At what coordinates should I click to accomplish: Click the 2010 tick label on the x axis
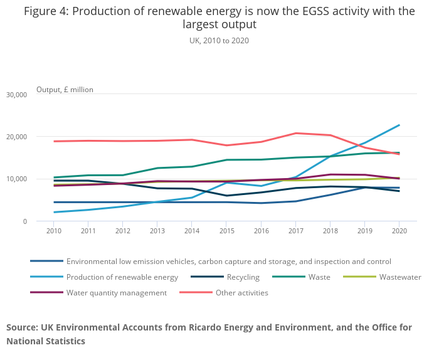pos(55,231)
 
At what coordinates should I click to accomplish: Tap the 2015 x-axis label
pos(226,231)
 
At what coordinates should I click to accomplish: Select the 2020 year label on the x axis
pos(399,231)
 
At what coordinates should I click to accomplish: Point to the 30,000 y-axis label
pos(16,95)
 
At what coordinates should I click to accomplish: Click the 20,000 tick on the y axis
pos(16,137)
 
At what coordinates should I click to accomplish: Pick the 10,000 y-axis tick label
pos(16,179)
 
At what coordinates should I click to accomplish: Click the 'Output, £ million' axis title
pos(65,90)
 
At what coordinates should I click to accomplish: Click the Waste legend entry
pos(318,277)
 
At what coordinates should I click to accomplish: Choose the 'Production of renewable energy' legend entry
pos(122,277)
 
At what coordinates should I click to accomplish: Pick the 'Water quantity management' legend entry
pos(116,293)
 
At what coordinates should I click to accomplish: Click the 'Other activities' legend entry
pos(241,293)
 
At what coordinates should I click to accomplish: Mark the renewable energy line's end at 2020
pos(399,125)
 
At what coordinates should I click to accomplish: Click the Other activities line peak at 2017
pos(295,133)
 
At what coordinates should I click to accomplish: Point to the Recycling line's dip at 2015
pos(226,196)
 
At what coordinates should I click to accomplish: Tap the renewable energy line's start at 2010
pos(55,212)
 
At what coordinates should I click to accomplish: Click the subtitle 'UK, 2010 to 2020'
pos(219,41)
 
